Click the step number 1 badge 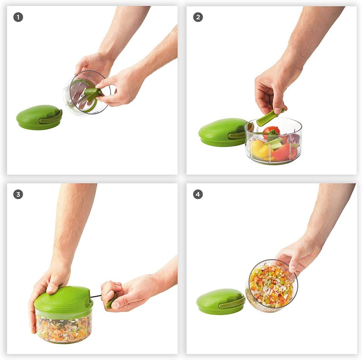pos(18,18)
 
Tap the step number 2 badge pos(198,18)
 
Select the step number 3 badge pos(18,194)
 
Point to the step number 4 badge pos(198,194)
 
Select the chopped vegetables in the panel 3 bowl pos(63,328)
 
